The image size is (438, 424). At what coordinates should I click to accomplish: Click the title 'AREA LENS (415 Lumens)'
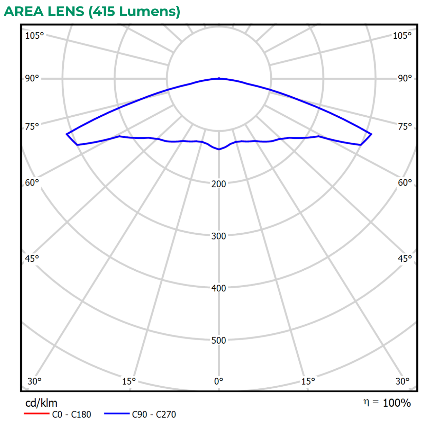92,12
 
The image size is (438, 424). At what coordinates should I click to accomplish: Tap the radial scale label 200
219,184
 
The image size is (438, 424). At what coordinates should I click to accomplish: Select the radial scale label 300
219,236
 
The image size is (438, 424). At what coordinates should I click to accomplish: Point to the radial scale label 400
219,288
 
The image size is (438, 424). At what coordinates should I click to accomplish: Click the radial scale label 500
219,341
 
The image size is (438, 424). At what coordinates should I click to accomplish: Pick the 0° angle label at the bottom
219,381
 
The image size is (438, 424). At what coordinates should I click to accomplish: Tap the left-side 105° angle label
35,36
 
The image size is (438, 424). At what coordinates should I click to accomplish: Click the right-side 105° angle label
402,36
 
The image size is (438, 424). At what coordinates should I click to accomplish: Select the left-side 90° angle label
33,79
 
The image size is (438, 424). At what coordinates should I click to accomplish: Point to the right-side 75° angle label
405,127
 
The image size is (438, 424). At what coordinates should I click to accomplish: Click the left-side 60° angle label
33,182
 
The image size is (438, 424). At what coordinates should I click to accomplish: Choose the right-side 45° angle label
405,259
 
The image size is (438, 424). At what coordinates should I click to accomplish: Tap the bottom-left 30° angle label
35,381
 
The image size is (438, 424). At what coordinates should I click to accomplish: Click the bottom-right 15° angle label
308,381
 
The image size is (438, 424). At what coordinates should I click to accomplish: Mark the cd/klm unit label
41,403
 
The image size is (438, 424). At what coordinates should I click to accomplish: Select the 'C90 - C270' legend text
154,414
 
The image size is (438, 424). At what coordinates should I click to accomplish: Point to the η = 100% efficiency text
387,403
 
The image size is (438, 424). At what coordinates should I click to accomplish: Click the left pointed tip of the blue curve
66,134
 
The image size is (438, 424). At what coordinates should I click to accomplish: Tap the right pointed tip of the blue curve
372,134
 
